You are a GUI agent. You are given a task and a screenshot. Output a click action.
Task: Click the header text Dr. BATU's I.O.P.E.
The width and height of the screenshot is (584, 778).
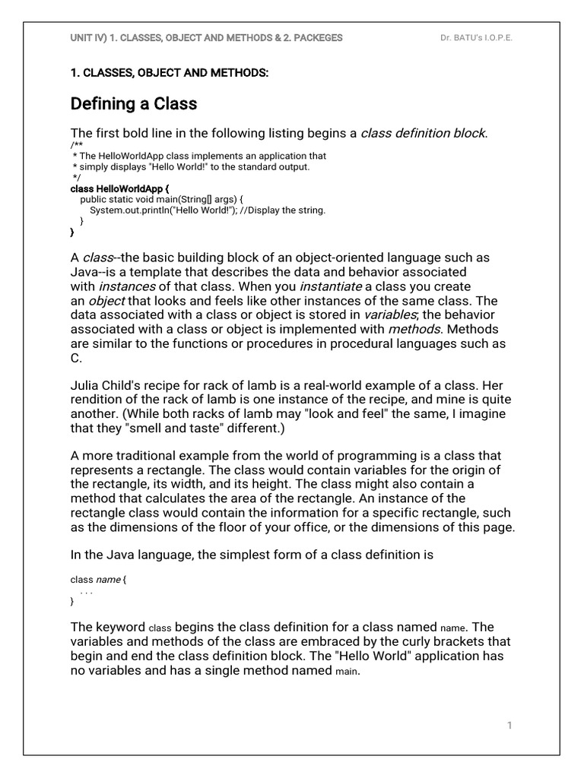[x=476, y=37]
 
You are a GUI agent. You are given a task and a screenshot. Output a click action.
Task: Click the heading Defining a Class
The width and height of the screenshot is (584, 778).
[x=134, y=103]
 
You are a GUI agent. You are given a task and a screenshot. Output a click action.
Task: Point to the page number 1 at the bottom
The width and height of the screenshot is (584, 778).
[x=509, y=726]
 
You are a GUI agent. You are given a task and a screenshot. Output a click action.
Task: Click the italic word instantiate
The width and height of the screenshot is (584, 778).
[x=331, y=286]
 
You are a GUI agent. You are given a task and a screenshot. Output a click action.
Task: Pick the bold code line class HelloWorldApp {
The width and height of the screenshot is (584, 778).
[x=119, y=188]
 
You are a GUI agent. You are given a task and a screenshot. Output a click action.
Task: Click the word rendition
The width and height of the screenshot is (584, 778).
[x=98, y=400]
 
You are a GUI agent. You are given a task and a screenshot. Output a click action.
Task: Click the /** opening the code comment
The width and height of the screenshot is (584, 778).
[x=75, y=146]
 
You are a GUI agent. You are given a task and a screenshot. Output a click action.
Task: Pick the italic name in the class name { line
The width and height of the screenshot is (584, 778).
[x=108, y=580]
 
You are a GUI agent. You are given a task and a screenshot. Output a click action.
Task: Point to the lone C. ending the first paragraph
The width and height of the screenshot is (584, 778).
[x=76, y=358]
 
